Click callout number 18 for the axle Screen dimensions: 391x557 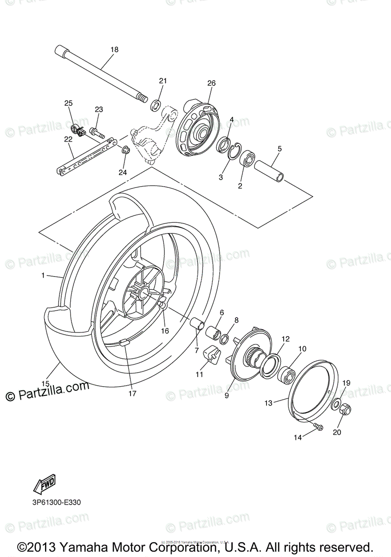coord(114,49)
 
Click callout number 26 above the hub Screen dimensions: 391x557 coord(211,84)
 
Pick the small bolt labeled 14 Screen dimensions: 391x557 coord(319,426)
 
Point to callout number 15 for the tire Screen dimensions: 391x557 coord(45,383)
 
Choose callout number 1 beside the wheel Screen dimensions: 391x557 coord(43,275)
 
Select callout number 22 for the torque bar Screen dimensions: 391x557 coord(68,139)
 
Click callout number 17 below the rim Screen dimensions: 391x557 coord(132,393)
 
